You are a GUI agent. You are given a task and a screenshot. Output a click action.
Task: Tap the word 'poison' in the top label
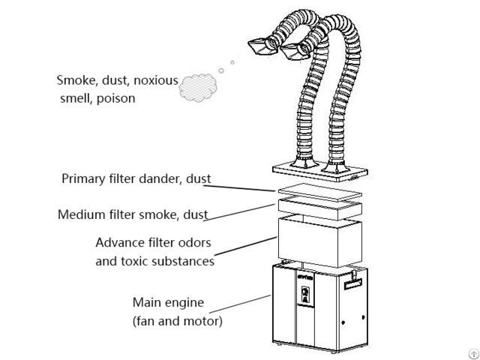[x=115, y=98]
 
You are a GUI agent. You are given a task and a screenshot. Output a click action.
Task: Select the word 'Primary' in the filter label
[x=81, y=179]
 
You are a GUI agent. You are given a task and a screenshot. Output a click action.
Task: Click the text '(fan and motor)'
[x=177, y=322]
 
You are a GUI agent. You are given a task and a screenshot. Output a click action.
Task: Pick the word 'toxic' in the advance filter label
[x=139, y=261]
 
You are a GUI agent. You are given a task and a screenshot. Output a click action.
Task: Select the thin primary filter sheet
[x=319, y=190]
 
